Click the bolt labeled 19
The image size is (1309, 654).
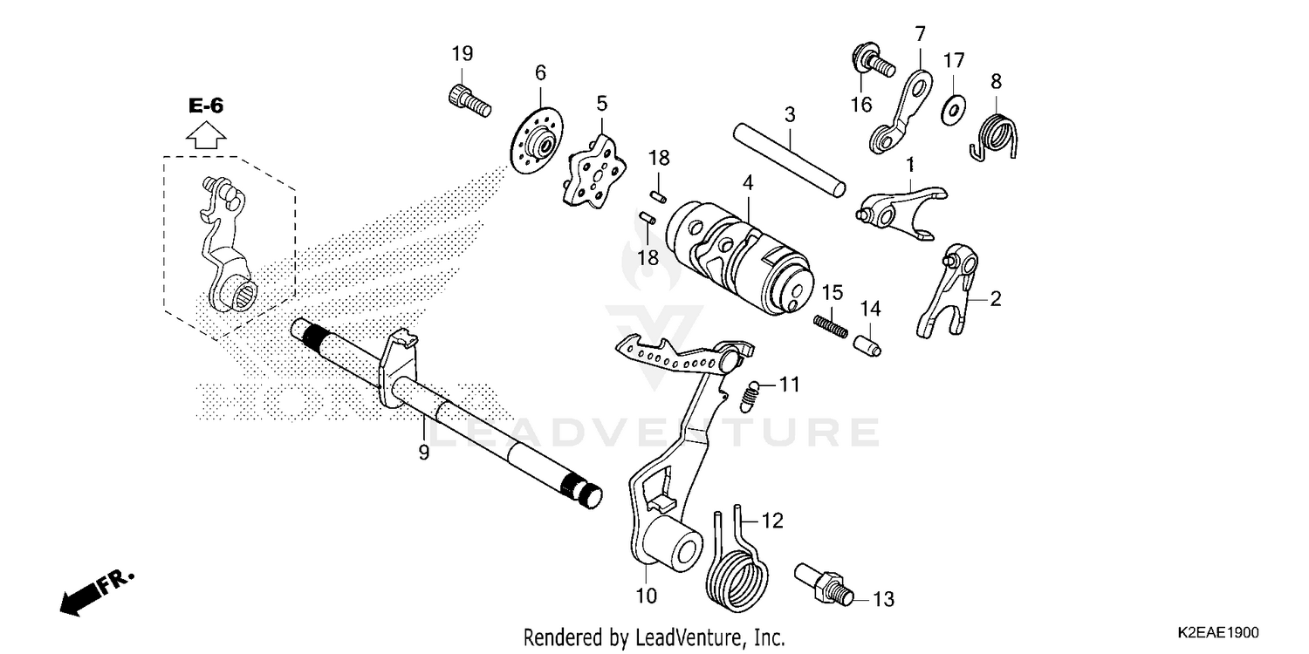(x=468, y=99)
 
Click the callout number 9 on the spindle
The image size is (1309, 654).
(x=423, y=453)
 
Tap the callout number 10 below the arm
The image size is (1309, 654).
(x=646, y=596)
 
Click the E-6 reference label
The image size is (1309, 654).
(x=206, y=106)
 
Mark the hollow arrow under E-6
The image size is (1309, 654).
(x=207, y=136)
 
